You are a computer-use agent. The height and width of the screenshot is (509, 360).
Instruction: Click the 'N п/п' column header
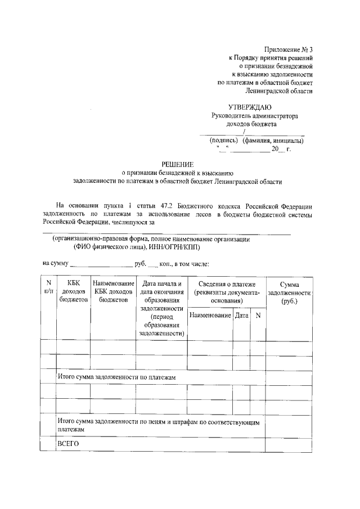pyautogui.click(x=48, y=287)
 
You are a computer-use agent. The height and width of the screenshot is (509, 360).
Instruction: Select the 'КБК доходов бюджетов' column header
pyautogui.click(x=74, y=292)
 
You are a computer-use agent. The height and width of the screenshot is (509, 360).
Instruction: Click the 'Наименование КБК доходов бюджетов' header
pyautogui.click(x=113, y=292)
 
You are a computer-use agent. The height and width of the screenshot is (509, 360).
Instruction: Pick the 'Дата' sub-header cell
pyautogui.click(x=241, y=316)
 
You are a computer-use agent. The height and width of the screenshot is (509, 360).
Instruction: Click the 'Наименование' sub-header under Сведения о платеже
pyautogui.click(x=210, y=316)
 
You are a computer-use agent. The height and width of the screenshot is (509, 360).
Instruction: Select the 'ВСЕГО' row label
pyautogui.click(x=69, y=444)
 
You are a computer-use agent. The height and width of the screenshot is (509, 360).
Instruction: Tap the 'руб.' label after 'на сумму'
pyautogui.click(x=140, y=263)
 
